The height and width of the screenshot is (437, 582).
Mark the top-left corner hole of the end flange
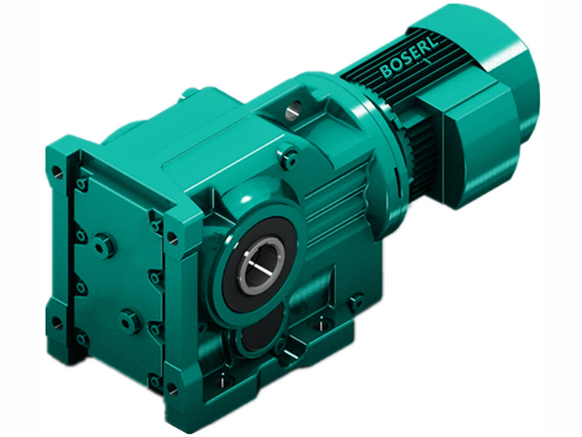pos(57,173)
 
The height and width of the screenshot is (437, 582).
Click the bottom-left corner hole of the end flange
pos(56,322)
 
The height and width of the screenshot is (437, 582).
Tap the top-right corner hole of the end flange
pos(172,237)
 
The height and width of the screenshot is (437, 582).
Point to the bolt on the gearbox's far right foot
pos(356,300)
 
